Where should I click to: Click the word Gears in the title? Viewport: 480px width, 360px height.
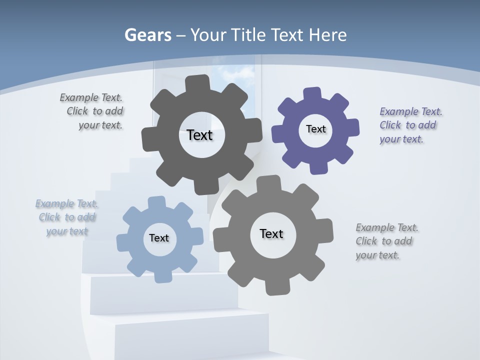(x=147, y=35)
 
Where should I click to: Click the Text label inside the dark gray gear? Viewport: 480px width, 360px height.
(x=199, y=135)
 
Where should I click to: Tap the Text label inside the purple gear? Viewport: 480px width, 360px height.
(x=315, y=129)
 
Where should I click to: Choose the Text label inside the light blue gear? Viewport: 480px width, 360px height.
(x=159, y=238)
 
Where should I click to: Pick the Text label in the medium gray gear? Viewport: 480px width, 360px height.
(x=271, y=233)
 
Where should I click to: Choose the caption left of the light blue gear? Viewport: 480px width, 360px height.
(x=67, y=217)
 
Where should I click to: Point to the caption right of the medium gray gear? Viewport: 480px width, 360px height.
(x=386, y=241)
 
